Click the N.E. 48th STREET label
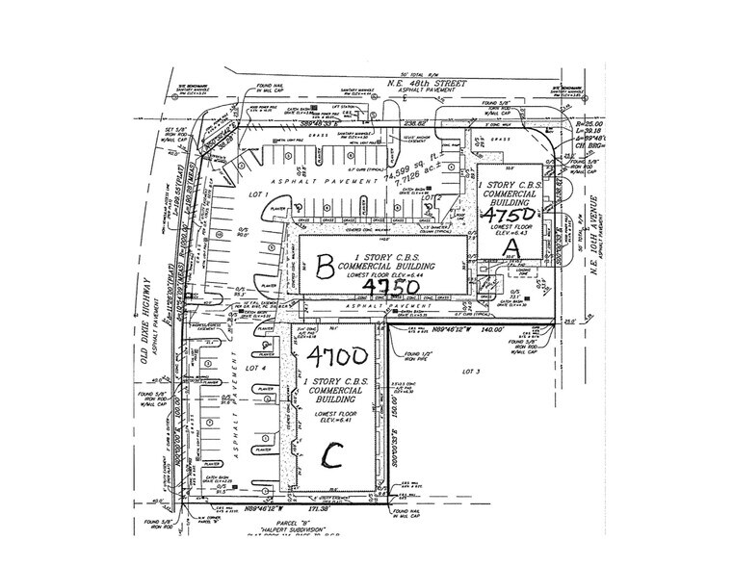coord(428,83)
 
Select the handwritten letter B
coord(326,260)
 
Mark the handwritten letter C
coord(333,453)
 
